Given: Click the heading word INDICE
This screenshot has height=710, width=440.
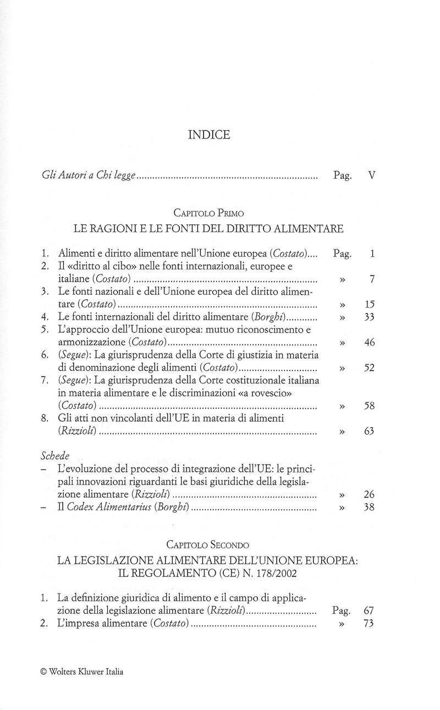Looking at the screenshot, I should click(209, 135).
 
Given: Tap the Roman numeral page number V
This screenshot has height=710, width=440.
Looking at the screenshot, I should click(372, 177).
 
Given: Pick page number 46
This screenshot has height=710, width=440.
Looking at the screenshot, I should click(369, 343).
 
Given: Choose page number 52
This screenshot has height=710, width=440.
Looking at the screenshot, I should click(369, 368).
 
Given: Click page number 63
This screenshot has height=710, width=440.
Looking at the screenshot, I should click(369, 432).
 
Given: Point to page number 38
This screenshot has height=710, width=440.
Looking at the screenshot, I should click(369, 508).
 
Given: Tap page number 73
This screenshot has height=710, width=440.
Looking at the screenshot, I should click(369, 624).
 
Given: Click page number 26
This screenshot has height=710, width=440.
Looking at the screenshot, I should click(369, 495).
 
